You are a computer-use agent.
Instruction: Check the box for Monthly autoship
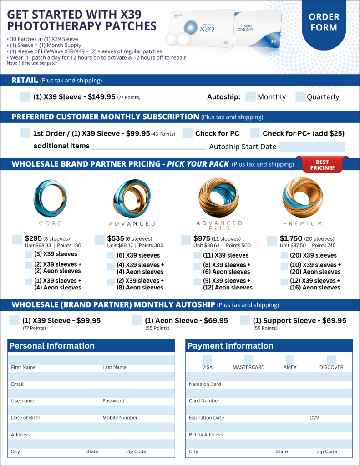[250, 97]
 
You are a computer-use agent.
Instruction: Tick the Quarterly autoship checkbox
[300, 97]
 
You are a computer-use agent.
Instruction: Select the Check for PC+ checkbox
[255, 133]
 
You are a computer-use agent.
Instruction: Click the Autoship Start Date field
[312, 147]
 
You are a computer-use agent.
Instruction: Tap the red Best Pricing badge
[322, 165]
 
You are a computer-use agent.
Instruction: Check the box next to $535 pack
[99, 240]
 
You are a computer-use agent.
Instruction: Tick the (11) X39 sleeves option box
[197, 255]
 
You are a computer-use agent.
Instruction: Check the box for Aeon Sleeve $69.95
[137, 320]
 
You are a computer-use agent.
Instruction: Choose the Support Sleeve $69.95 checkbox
[245, 320]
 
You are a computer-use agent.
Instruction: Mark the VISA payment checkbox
[207, 360]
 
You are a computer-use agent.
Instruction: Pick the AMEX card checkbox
[290, 360]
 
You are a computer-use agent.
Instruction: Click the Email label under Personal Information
[17, 384]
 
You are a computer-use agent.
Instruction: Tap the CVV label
[314, 418]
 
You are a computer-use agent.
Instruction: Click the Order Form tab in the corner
[324, 22]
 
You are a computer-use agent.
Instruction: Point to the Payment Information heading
[230, 346]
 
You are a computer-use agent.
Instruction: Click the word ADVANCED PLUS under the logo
[219, 226]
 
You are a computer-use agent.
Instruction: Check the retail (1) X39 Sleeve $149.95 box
[26, 97]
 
